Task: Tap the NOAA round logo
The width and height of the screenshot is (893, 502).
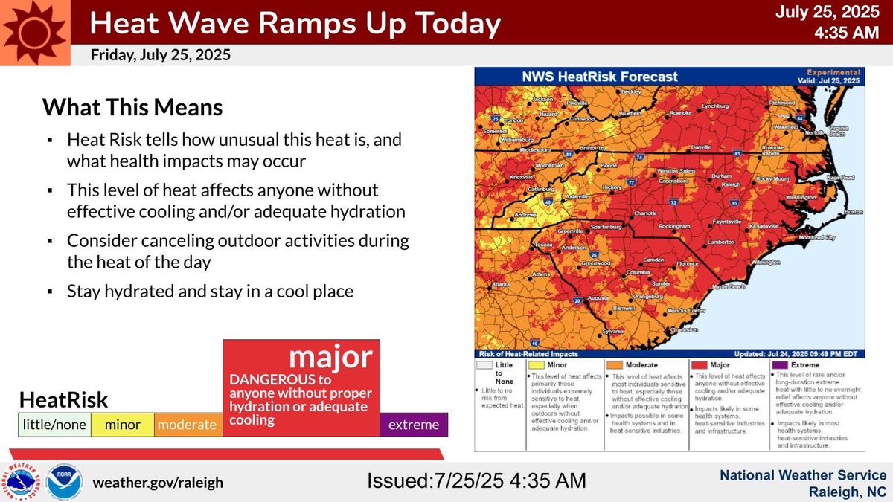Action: (x=65, y=482)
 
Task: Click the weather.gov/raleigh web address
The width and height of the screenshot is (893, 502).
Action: (x=157, y=482)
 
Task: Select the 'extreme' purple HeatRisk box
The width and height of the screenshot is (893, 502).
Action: (x=414, y=425)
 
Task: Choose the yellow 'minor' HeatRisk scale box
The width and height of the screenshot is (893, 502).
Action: (x=122, y=425)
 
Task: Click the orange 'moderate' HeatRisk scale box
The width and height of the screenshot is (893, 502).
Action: (x=188, y=425)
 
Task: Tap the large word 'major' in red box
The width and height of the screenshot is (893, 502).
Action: (x=330, y=358)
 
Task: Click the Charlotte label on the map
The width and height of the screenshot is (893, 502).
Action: (x=647, y=213)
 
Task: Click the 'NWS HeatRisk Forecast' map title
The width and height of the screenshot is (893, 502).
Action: (x=588, y=77)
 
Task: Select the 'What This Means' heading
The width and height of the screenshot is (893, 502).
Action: (x=132, y=107)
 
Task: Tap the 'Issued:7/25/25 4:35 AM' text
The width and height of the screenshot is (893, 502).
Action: (x=477, y=480)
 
